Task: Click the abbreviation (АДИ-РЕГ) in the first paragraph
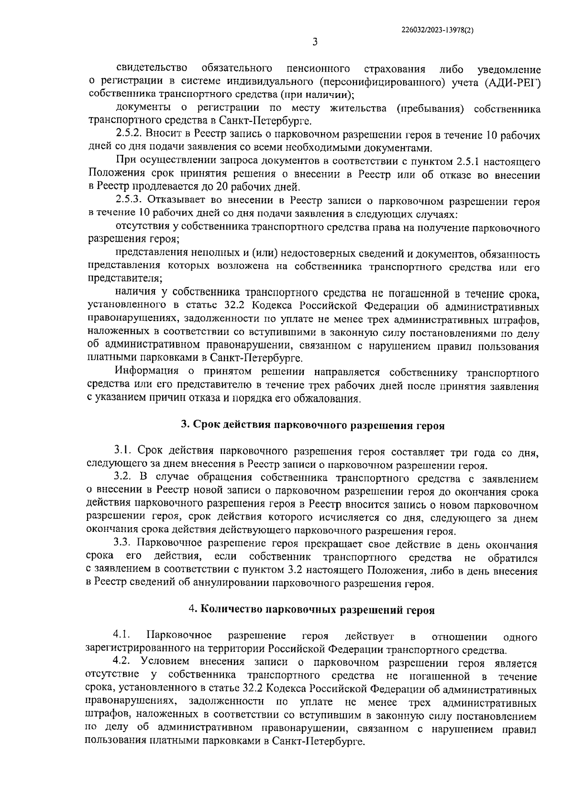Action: click(512, 83)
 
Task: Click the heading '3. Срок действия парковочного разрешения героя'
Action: click(313, 425)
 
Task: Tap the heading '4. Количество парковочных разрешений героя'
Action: click(312, 609)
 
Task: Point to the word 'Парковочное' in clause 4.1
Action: click(179, 636)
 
